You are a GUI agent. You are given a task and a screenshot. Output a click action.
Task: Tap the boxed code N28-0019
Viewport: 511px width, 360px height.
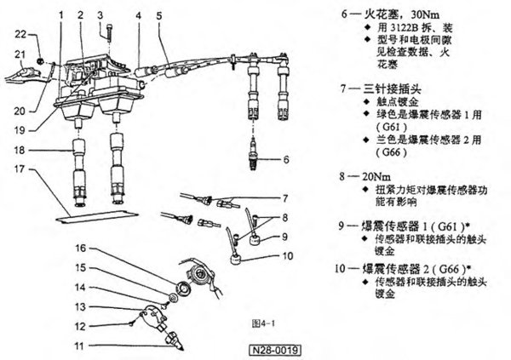click(x=278, y=350)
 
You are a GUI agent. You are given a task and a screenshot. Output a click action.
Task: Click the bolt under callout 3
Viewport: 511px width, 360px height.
click(x=111, y=33)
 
